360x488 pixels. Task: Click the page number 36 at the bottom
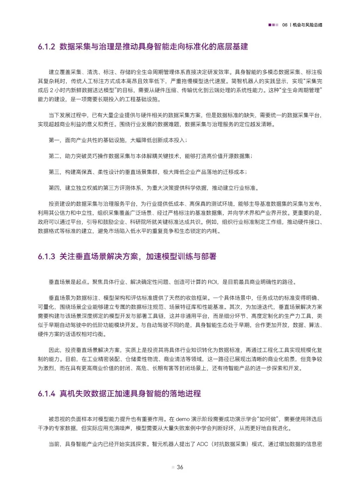pos(180,467)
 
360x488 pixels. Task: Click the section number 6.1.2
pos(46,47)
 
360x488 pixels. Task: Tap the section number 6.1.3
pos(46,256)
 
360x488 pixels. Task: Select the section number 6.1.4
pos(46,394)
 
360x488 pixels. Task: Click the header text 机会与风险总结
pos(307,25)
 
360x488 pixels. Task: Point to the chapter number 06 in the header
pos(285,25)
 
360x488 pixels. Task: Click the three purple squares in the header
pos(273,25)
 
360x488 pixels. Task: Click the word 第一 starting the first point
pos(54,140)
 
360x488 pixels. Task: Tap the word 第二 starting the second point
pos(54,156)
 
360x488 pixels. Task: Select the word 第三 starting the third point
pos(54,172)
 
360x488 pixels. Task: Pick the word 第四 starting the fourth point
pos(54,188)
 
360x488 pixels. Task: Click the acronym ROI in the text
pos(212,282)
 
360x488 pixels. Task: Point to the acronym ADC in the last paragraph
pos(202,444)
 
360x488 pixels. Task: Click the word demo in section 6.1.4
pos(183,419)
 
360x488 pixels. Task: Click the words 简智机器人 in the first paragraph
pos(246,81)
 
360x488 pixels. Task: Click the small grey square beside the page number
pos(173,467)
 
